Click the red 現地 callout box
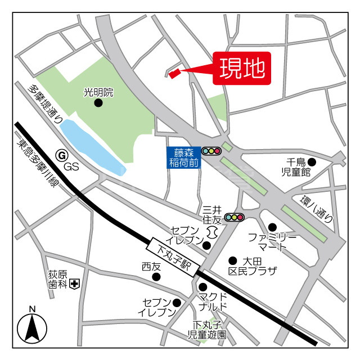tap(242, 69)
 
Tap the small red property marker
tap(174, 72)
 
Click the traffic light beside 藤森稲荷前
tap(211, 151)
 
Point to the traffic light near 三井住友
tap(234, 217)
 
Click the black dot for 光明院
tap(98, 103)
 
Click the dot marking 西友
tap(156, 277)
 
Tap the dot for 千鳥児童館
tap(312, 163)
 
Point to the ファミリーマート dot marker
tap(272, 227)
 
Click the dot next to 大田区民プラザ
tap(232, 260)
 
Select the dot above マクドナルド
tap(202, 287)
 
